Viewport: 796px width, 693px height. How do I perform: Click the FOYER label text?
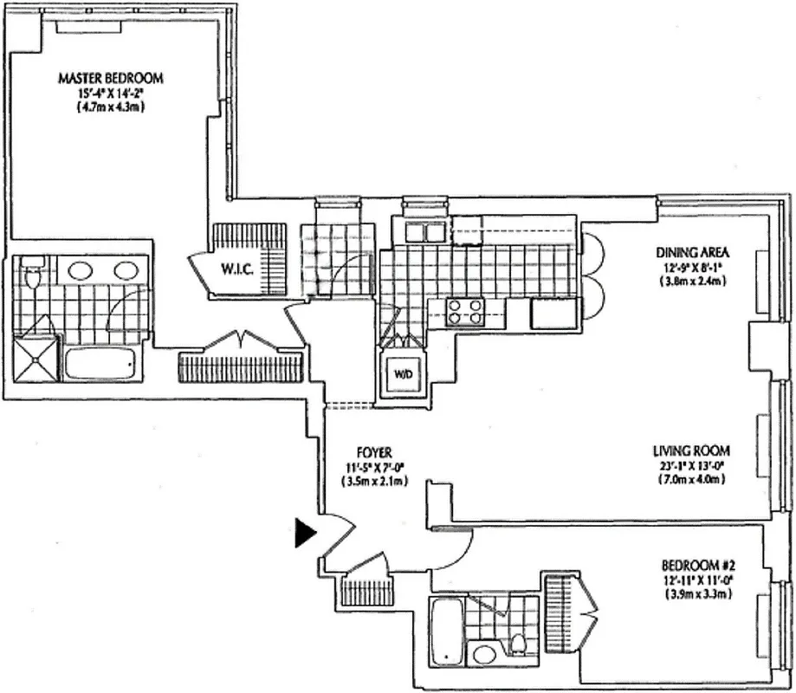[374, 452]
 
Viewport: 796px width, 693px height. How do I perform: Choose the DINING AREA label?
[693, 253]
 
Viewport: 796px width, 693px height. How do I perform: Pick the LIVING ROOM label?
[691, 450]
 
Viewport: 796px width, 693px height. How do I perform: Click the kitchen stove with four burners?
[464, 310]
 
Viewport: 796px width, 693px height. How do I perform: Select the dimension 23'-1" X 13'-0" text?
[691, 465]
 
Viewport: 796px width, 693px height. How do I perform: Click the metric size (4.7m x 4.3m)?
[110, 107]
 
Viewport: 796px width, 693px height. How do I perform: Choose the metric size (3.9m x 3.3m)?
[691, 594]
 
